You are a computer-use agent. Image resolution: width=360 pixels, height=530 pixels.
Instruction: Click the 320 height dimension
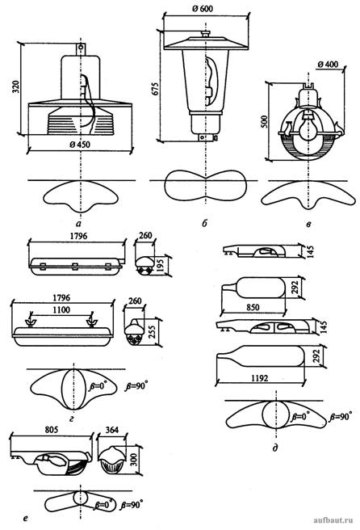pos(16,87)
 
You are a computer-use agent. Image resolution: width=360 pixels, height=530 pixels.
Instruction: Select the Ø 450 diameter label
pos(80,145)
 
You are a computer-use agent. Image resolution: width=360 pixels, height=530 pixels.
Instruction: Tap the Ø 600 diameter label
pos(203,8)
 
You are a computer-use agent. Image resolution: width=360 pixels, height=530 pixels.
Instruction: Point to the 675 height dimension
pos(155,88)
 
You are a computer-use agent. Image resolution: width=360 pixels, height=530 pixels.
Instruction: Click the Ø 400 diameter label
pos(328,64)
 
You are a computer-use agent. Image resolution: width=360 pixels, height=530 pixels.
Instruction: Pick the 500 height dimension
pos(265,122)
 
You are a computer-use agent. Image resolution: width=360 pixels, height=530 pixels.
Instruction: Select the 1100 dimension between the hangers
pos(61,309)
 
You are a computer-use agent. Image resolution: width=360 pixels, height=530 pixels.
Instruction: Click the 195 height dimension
pos(161,264)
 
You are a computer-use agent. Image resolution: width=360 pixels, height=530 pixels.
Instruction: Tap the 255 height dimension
pos(152,332)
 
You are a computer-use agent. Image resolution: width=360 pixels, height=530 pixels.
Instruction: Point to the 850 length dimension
pos(253,307)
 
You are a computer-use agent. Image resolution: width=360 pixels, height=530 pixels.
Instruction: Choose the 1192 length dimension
pos(260,378)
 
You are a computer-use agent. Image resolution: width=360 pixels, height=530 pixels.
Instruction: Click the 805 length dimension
pos(52,430)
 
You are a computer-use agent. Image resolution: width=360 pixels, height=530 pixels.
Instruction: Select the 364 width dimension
pos(111,430)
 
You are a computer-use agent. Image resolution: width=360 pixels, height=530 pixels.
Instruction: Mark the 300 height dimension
pos(135,460)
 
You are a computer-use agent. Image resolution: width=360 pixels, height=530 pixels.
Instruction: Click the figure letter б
pos(205,223)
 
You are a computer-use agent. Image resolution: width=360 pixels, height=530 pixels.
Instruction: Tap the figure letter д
pos(275,448)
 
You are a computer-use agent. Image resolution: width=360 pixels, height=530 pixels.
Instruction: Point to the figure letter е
pos(26,518)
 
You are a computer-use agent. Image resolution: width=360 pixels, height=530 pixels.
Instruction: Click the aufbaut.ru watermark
pos(333,519)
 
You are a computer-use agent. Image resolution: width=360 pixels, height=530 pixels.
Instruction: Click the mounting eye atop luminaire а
pos(81,48)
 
